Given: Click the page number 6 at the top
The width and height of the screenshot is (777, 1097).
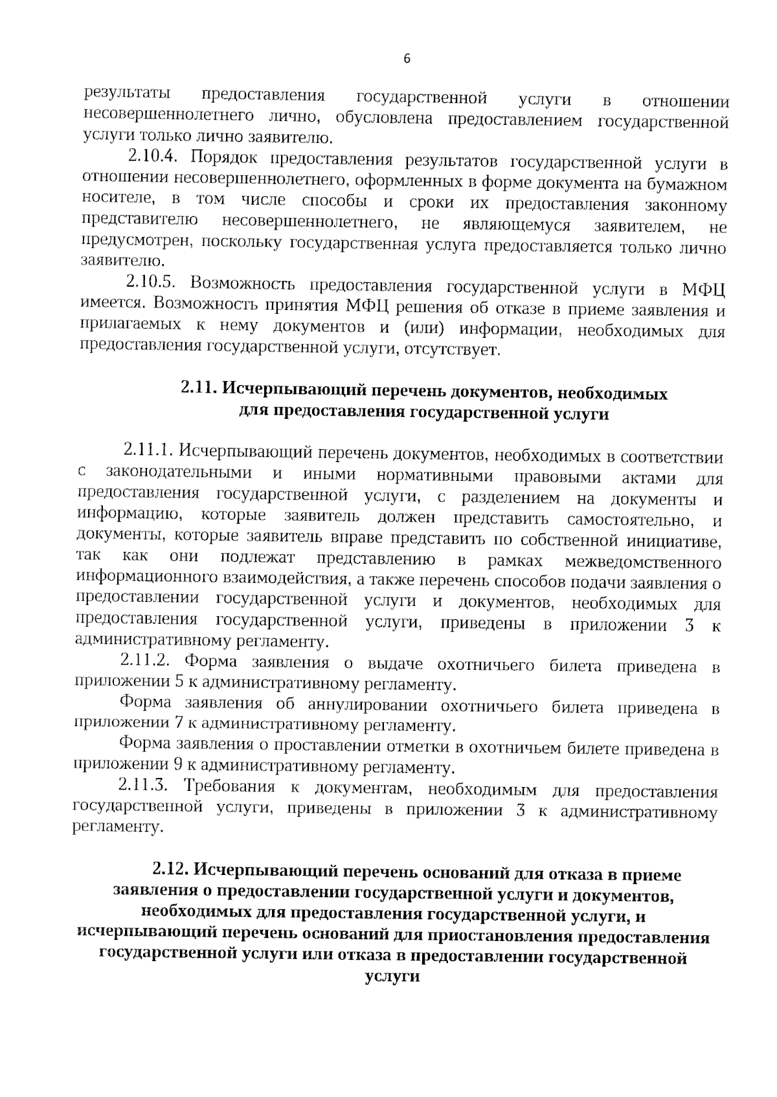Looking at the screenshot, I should pyautogui.click(x=407, y=59).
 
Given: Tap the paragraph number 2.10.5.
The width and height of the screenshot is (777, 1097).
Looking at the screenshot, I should pyautogui.click(x=152, y=282).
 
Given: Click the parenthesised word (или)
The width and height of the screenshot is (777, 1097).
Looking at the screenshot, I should pyautogui.click(x=423, y=327).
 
